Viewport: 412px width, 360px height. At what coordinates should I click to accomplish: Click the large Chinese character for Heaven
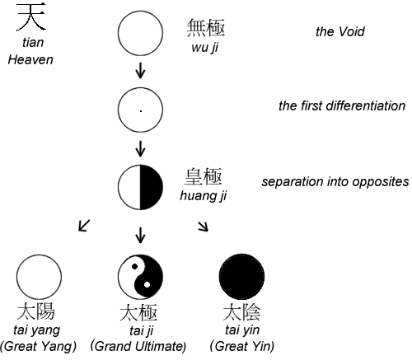[x=31, y=17]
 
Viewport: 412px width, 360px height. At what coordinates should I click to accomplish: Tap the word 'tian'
[x=33, y=43]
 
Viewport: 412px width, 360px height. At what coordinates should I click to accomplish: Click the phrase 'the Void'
[x=340, y=31]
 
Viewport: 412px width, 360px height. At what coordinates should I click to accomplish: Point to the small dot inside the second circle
[x=141, y=111]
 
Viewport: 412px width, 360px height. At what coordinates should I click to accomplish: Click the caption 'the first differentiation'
[x=342, y=105]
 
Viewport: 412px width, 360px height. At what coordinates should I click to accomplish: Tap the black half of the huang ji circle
[x=151, y=187]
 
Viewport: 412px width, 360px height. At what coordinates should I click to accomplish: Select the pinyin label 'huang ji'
[x=204, y=196]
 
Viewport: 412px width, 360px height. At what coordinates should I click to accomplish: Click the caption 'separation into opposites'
[x=335, y=182]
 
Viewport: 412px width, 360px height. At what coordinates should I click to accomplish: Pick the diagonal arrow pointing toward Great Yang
[x=84, y=226]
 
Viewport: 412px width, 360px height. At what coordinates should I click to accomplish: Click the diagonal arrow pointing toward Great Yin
[x=204, y=227]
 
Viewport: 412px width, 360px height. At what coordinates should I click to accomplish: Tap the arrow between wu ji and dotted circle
[x=140, y=71]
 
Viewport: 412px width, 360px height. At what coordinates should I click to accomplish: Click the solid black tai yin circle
[x=242, y=277]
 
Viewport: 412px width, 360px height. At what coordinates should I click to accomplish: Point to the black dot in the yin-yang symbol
[x=134, y=266]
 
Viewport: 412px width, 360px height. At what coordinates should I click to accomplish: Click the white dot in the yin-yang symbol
[x=147, y=285]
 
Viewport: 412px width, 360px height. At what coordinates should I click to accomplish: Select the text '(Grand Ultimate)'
[x=138, y=346]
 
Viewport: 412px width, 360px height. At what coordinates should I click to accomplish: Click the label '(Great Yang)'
[x=38, y=346]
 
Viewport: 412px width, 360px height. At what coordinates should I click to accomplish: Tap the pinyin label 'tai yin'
[x=242, y=330]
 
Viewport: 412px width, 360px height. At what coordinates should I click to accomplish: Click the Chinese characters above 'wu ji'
[x=206, y=28]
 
